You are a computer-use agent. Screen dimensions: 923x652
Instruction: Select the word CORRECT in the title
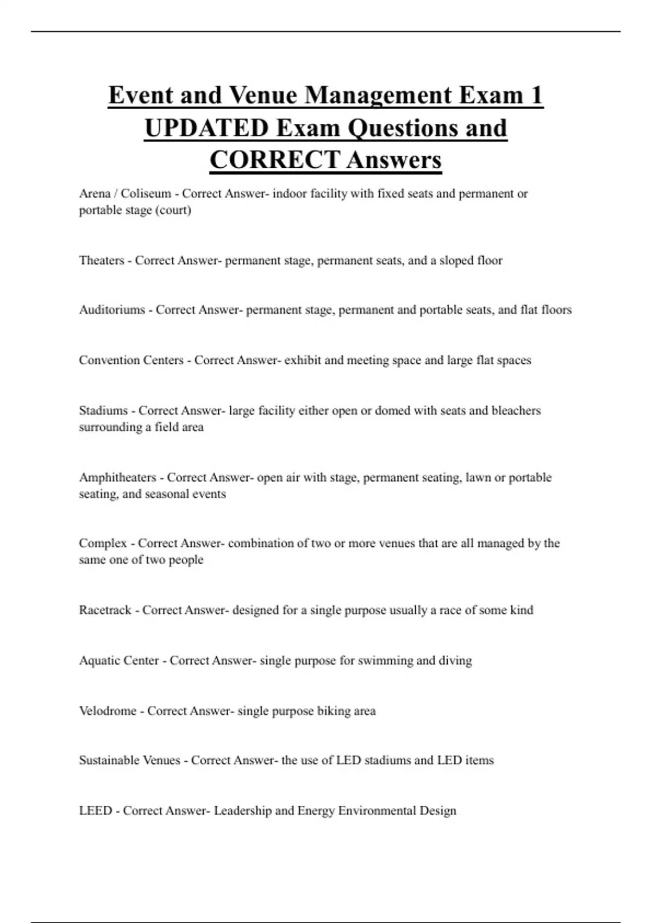click(275, 160)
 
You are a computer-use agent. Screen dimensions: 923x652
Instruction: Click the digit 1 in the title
click(535, 96)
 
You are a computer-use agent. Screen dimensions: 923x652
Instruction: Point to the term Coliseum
click(146, 194)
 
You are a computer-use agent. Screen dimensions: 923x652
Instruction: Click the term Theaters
click(102, 261)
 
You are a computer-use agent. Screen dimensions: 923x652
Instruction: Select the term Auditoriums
click(112, 310)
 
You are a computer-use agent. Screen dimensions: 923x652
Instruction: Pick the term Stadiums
click(103, 410)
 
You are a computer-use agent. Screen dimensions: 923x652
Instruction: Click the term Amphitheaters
click(117, 478)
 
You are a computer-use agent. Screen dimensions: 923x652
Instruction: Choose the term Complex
click(103, 543)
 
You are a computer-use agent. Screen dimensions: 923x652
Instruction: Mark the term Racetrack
click(105, 610)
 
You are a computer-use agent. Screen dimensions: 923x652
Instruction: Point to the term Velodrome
click(108, 711)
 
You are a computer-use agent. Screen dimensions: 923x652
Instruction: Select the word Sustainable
click(101, 760)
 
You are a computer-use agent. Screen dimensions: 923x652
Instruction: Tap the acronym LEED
click(95, 811)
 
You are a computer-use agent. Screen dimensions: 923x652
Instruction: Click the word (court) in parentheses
click(173, 210)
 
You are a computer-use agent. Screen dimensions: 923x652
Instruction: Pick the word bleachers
click(516, 410)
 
